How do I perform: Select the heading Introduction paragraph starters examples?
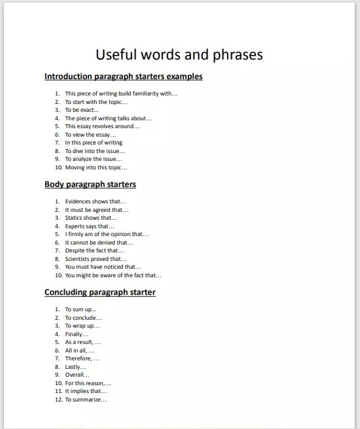click(123, 77)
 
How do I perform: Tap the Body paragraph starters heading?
click(90, 184)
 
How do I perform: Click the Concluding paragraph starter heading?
click(99, 292)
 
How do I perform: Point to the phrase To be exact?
click(82, 110)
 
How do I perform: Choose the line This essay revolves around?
click(102, 126)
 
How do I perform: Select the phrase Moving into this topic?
click(96, 167)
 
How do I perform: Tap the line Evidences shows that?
click(96, 201)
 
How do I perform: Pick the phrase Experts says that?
click(90, 226)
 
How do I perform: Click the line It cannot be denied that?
click(99, 243)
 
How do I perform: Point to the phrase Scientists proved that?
click(96, 259)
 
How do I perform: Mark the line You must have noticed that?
click(103, 267)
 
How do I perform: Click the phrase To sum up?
click(81, 309)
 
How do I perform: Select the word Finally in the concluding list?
click(77, 334)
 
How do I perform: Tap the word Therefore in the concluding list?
click(82, 358)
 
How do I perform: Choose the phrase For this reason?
click(88, 383)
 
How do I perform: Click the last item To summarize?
click(86, 400)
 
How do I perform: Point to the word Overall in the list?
click(76, 375)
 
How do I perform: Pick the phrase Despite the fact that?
click(94, 250)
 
